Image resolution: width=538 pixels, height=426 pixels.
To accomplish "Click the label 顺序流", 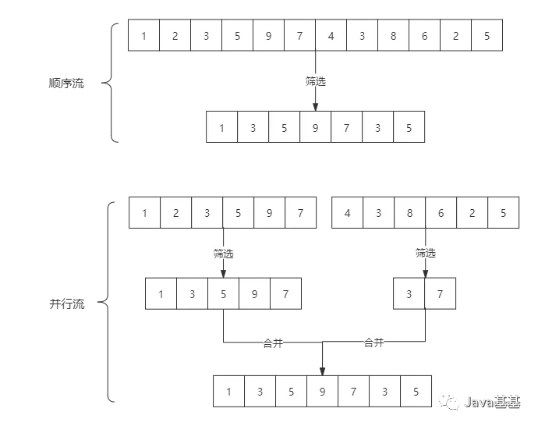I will [66, 83].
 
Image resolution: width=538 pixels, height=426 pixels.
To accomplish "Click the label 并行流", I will [66, 304].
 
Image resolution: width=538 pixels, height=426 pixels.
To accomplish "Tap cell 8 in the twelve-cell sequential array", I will [393, 35].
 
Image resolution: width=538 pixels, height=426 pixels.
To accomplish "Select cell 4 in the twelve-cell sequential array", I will [331, 35].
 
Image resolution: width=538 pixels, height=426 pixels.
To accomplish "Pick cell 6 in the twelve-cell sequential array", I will [424, 35].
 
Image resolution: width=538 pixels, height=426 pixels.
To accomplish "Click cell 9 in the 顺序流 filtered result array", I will [315, 127].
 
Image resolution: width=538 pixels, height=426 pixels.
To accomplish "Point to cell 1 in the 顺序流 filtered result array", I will [221, 127].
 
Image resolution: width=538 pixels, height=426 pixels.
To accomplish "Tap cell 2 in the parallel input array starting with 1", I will [175, 213].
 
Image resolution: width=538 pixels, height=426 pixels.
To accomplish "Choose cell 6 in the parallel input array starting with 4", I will [441, 213].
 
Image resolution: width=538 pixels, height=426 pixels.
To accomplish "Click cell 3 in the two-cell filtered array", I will [410, 294].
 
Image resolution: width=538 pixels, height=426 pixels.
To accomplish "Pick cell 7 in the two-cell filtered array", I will [441, 294].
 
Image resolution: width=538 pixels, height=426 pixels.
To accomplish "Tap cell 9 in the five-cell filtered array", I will [254, 294].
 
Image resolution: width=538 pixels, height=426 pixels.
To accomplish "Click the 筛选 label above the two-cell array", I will [426, 253].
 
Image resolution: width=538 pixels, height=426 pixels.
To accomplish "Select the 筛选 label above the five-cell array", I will [223, 253].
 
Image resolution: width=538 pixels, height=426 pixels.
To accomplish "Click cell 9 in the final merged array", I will [322, 391].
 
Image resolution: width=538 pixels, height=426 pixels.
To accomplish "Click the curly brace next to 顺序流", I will [111, 83].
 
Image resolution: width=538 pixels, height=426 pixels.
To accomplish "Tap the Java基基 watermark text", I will [491, 402].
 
